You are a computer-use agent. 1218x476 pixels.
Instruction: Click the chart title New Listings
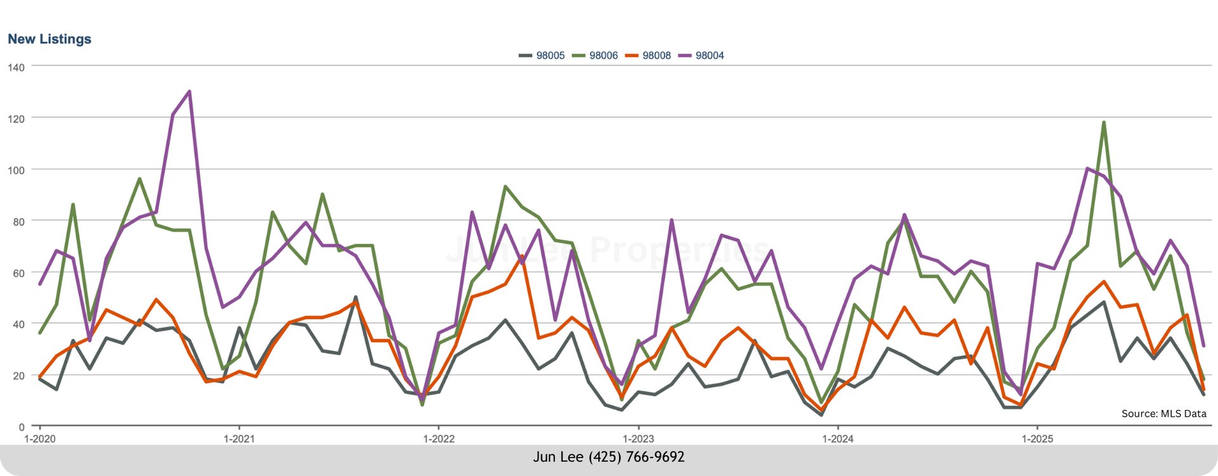tap(49, 39)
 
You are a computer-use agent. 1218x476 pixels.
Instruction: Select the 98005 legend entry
tap(542, 56)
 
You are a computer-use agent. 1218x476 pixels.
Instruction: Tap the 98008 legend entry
tap(648, 56)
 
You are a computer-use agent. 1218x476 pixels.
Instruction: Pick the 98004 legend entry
tap(702, 56)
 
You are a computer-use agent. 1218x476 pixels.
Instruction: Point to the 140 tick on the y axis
tap(16, 67)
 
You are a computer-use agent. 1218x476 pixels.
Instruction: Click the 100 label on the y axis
tap(16, 170)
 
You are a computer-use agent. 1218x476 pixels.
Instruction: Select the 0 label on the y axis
tap(22, 427)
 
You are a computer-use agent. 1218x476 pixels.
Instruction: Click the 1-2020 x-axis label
tap(39, 439)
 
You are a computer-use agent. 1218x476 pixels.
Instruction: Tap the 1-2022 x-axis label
tap(438, 439)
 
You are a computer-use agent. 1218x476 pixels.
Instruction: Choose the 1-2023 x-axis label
tap(638, 439)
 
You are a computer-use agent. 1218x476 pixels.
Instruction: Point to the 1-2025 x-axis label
tap(1037, 439)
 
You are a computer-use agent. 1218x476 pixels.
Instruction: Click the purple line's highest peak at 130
tap(189, 91)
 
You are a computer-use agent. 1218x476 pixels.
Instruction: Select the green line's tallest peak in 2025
tap(1104, 122)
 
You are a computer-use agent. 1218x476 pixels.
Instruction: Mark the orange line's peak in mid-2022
tap(521, 256)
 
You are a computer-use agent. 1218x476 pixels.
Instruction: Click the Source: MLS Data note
tap(1163, 414)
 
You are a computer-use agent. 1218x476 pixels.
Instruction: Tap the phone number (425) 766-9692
tap(636, 457)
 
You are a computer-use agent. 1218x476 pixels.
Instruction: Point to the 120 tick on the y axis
tap(16, 119)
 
